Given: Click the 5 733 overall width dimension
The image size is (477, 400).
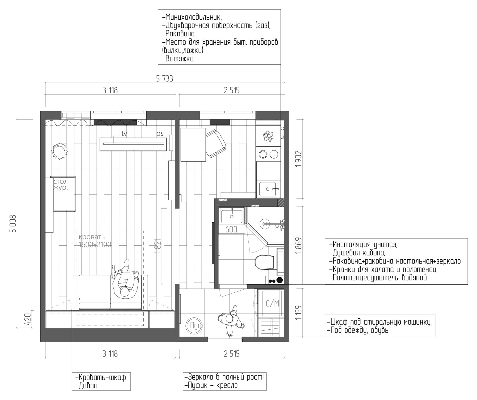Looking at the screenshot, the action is pyautogui.click(x=165, y=79).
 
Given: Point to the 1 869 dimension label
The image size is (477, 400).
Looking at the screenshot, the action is pyautogui.click(x=299, y=246).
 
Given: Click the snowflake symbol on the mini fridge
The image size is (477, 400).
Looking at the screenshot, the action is pyautogui.click(x=268, y=136).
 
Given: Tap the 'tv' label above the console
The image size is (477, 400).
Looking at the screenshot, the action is pyautogui.click(x=124, y=134).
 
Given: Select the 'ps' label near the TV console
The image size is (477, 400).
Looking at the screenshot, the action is pyautogui.click(x=160, y=134).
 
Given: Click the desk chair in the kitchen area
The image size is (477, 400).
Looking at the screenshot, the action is pyautogui.click(x=216, y=144).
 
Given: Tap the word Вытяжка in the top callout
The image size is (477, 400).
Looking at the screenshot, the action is pyautogui.click(x=178, y=59).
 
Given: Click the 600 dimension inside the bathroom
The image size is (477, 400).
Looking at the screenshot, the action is pyautogui.click(x=231, y=229).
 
